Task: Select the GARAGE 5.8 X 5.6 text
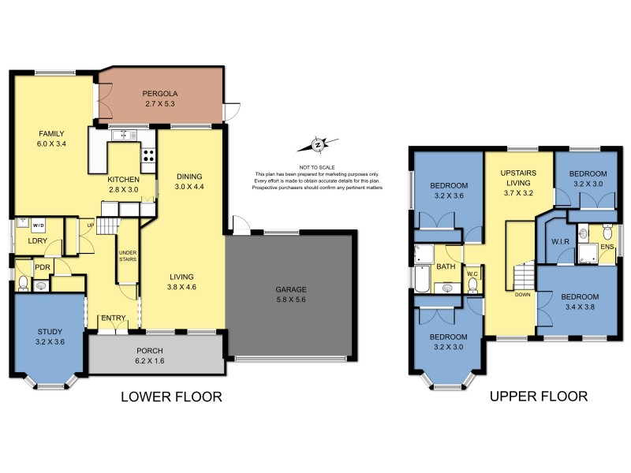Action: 291,295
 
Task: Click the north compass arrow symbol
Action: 317,145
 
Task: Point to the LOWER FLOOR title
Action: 171,397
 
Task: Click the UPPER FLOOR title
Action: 538,397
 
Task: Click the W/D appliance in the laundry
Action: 38,224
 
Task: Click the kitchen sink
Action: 122,136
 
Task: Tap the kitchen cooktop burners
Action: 147,155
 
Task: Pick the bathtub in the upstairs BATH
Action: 422,281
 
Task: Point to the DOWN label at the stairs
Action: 521,294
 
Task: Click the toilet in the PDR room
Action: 23,282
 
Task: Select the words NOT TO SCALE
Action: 316,166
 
